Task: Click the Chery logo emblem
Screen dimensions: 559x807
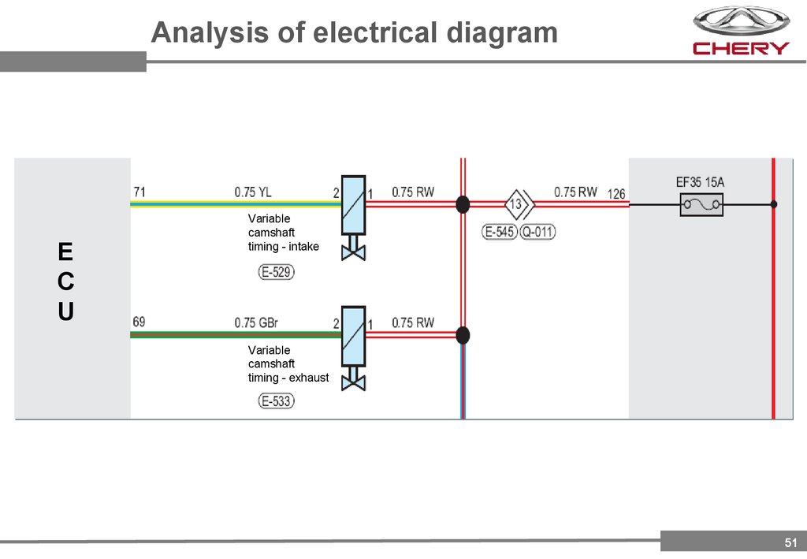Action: tap(740, 21)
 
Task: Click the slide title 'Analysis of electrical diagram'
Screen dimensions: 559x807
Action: tap(354, 33)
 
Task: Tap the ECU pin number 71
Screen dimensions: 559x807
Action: tap(139, 192)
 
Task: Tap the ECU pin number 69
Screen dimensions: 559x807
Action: tap(139, 322)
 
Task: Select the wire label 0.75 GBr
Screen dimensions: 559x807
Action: tap(255, 322)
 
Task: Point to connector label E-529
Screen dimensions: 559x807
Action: tap(277, 273)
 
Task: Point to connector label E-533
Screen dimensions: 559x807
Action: tap(277, 401)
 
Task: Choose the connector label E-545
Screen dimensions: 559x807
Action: tap(499, 233)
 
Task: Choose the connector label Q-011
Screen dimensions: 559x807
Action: tap(537, 233)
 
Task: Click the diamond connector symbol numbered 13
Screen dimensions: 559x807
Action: tap(516, 205)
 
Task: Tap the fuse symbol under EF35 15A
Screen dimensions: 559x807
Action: tap(700, 205)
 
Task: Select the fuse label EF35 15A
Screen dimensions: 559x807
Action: tap(700, 182)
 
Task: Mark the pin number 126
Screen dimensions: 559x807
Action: tap(616, 193)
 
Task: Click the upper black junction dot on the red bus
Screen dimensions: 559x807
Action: tap(463, 205)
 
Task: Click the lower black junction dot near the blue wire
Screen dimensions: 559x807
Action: tap(463, 335)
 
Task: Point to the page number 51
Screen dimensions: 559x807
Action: tap(790, 542)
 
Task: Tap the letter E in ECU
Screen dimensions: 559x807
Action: tap(65, 252)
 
